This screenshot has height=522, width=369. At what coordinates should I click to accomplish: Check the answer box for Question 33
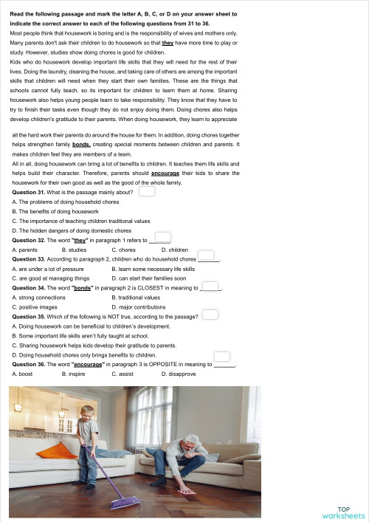pyautogui.click(x=206, y=255)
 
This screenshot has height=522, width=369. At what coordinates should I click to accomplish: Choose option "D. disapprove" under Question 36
pyautogui.click(x=179, y=374)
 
